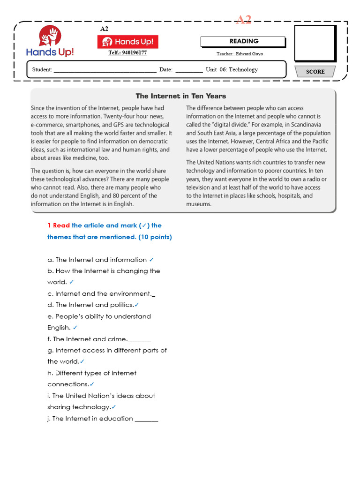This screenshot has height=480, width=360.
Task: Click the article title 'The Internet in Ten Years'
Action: pyautogui.click(x=180, y=96)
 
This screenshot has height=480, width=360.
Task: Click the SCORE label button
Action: pyautogui.click(x=315, y=72)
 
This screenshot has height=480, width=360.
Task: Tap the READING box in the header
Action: pyautogui.click(x=243, y=42)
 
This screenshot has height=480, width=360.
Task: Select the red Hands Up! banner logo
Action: pyautogui.click(x=127, y=42)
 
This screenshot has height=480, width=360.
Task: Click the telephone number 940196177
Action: pyautogui.click(x=127, y=53)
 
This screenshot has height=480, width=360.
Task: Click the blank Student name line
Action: pyautogui.click(x=105, y=70)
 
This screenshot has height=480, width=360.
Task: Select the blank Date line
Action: pyautogui.click(x=189, y=70)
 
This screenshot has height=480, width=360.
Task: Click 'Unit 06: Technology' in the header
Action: pyautogui.click(x=232, y=70)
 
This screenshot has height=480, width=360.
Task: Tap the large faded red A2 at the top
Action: pyautogui.click(x=243, y=20)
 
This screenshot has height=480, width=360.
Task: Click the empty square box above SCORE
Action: pyautogui.click(x=315, y=44)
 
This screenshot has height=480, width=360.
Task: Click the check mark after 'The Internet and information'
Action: pyautogui.click(x=151, y=260)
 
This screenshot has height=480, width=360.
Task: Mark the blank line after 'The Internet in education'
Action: pyautogui.click(x=146, y=419)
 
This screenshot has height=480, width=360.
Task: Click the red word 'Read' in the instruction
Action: pyautogui.click(x=61, y=225)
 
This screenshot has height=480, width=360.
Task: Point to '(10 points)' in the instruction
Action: pyautogui.click(x=155, y=237)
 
